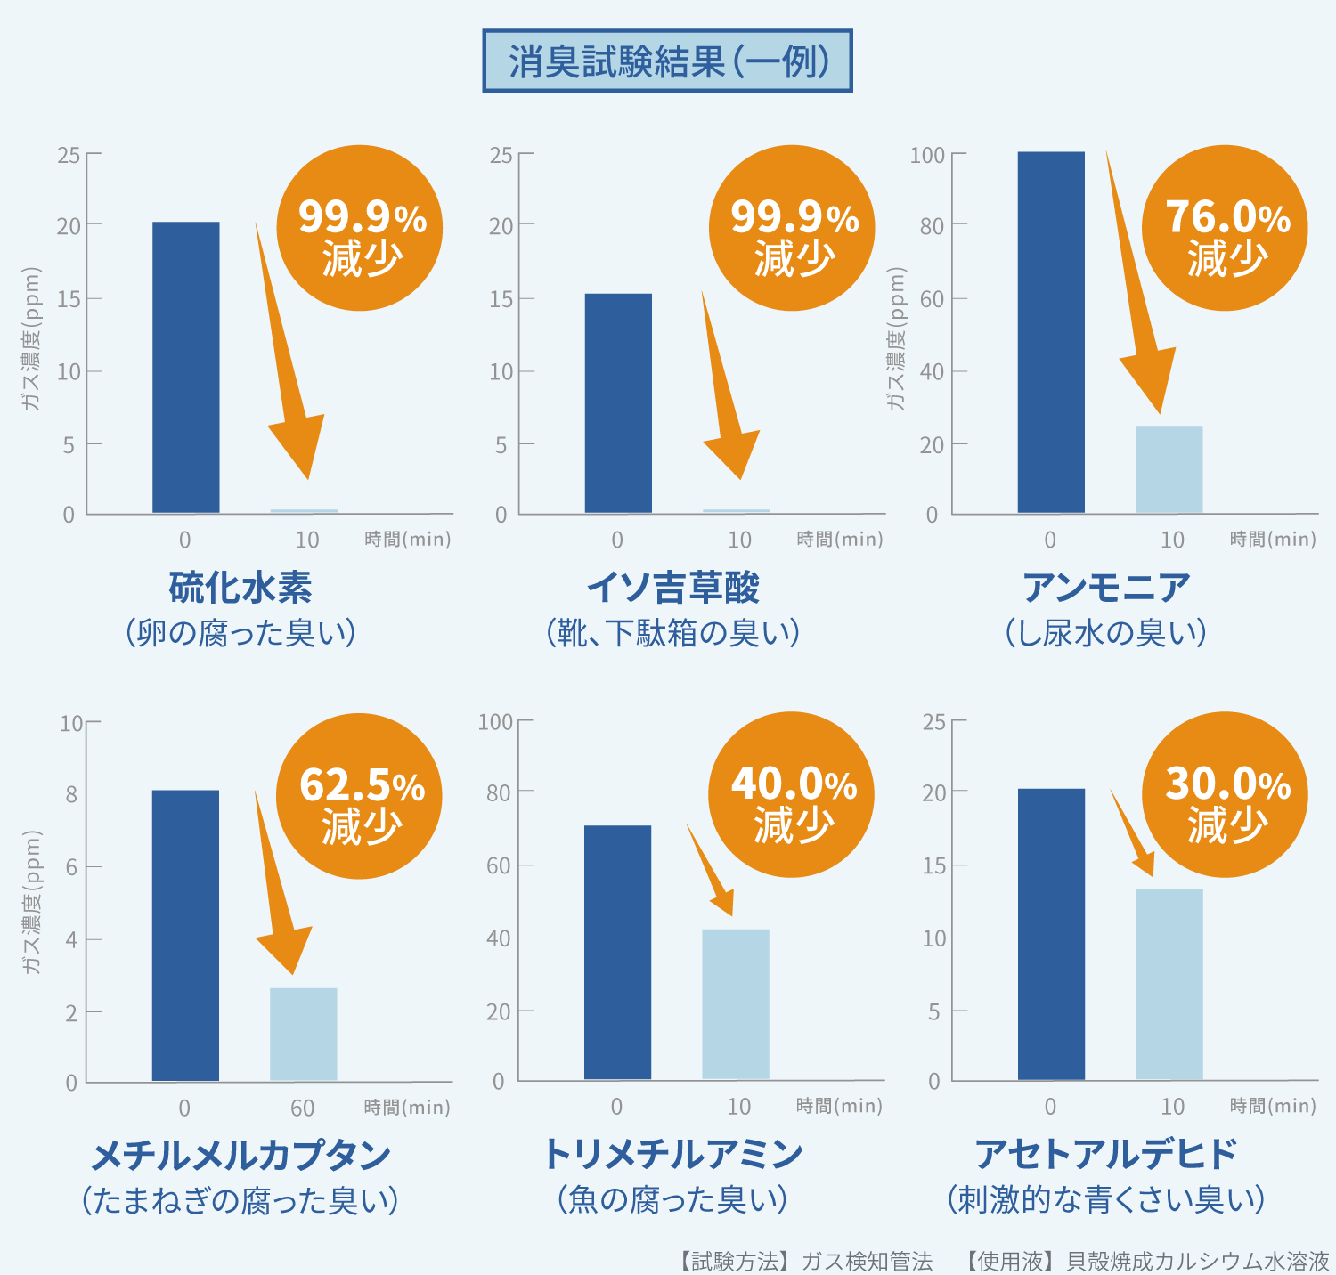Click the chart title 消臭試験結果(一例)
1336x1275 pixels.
pos(667,61)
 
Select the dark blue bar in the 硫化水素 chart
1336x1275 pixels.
pos(185,367)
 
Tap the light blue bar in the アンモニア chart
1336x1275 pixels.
pos(1169,469)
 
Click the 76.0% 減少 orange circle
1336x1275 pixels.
pos(1225,228)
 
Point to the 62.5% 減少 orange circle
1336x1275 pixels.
pos(359,796)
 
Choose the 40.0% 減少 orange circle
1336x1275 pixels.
pos(791,794)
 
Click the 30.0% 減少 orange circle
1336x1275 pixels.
pos(1225,794)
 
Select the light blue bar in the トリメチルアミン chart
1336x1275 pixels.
pos(736,1003)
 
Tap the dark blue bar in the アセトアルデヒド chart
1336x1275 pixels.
pos(1051,934)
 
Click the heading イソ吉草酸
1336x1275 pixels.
pos(672,588)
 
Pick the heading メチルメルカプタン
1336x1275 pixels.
pos(240,1155)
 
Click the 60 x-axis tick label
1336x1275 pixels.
pos(302,1108)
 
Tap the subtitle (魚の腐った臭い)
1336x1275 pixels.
pos(672,1199)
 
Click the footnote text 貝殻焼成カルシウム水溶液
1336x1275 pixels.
pos(1197,1261)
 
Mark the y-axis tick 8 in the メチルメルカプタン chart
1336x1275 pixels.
pos(71,793)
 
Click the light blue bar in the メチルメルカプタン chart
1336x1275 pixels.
pos(304,1034)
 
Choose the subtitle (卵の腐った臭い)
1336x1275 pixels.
pos(240,632)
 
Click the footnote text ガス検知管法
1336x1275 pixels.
pos(867,1261)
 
